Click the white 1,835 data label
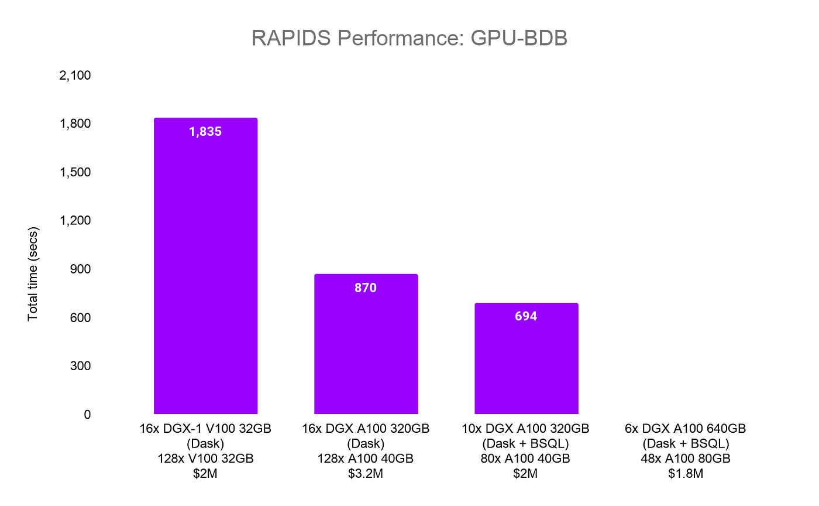(205, 132)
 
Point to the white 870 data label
(366, 288)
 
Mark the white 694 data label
(526, 316)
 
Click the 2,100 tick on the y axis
(75, 76)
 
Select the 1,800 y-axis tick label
(75, 124)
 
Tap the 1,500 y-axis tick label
(75, 172)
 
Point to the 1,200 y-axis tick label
(75, 221)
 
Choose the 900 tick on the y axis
(80, 269)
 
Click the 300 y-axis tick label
(80, 366)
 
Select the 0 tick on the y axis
(87, 414)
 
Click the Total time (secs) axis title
(33, 273)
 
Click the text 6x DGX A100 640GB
(686, 429)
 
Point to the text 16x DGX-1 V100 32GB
(205, 429)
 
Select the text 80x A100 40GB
(526, 459)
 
